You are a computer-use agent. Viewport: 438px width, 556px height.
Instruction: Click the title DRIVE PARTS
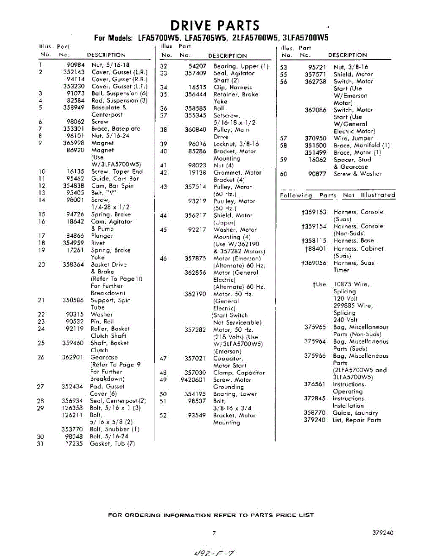tap(215, 25)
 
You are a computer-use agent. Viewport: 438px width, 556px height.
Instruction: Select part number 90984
tap(75, 65)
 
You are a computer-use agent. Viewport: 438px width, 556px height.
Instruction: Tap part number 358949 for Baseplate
tap(73, 107)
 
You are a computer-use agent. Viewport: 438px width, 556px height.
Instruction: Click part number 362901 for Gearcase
tap(73, 357)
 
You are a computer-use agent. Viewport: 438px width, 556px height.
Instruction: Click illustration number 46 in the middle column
tap(163, 259)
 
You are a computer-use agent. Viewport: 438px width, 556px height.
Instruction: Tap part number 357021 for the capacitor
tap(195, 358)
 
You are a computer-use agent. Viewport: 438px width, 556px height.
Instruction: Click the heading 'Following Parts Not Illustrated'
tap(337, 196)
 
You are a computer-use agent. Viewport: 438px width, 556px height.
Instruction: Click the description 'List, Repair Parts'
tap(357, 420)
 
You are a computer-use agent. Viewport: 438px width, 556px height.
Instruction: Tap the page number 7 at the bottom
tap(214, 533)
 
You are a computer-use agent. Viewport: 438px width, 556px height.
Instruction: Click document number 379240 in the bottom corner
tap(383, 533)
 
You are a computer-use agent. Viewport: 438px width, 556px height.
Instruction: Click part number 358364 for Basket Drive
tap(73, 265)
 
